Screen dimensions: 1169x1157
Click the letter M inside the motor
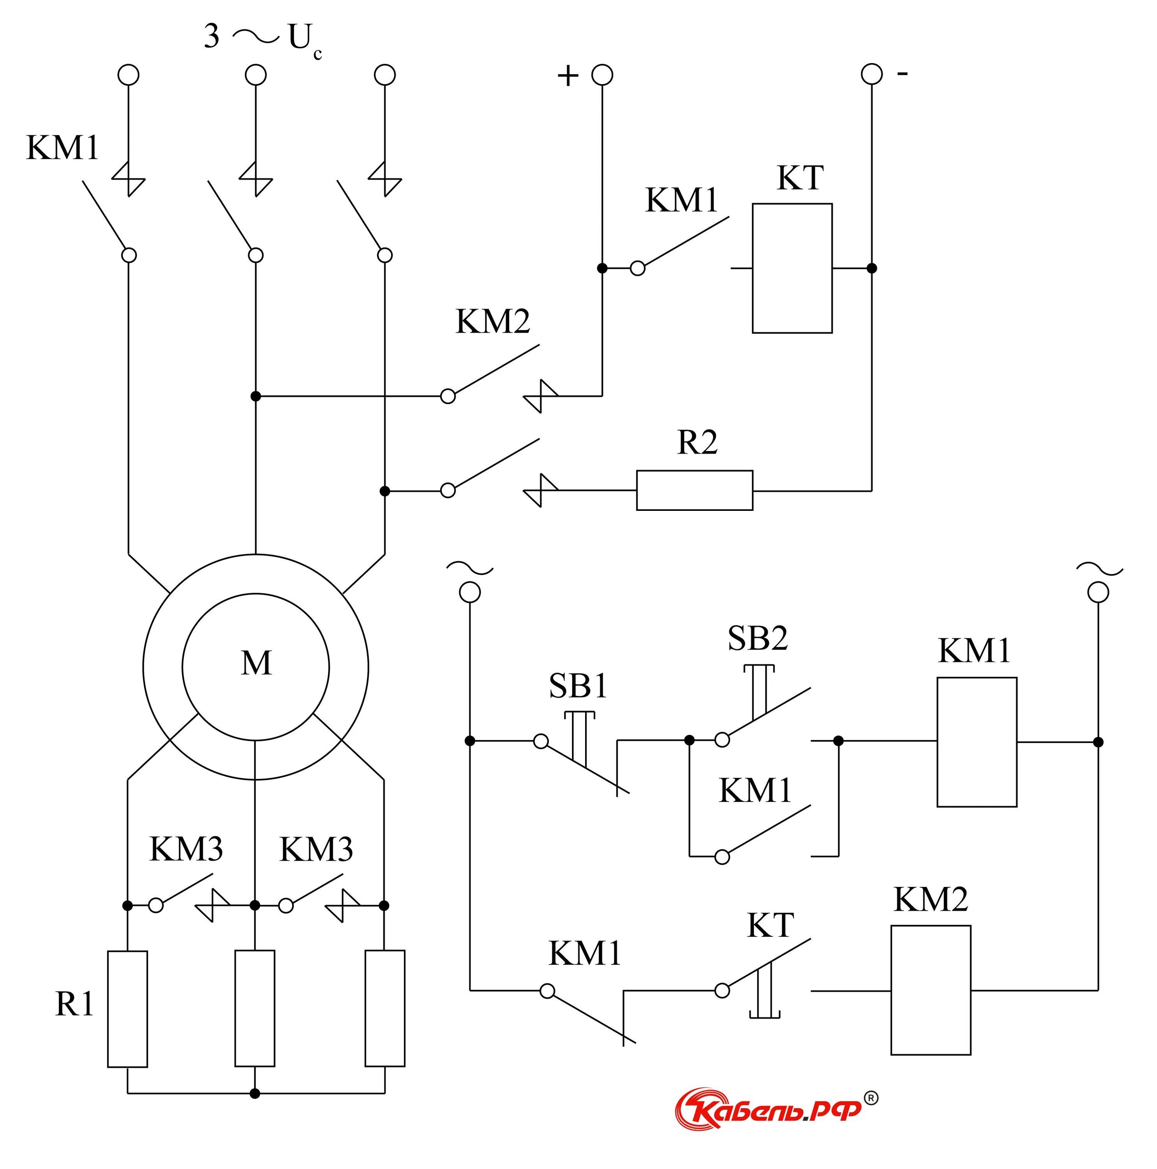coord(256,663)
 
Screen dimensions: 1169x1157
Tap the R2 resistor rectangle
coord(694,490)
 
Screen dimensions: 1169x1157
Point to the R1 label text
coord(74,1005)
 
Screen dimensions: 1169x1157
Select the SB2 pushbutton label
coord(757,638)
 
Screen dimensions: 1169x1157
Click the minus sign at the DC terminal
coord(902,74)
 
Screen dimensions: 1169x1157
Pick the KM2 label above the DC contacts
coord(492,321)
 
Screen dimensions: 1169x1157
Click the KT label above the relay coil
coord(799,178)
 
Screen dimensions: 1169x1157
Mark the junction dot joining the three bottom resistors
coord(255,1093)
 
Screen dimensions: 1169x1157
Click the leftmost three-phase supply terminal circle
coord(128,75)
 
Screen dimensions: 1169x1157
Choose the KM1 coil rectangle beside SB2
coord(976,742)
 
